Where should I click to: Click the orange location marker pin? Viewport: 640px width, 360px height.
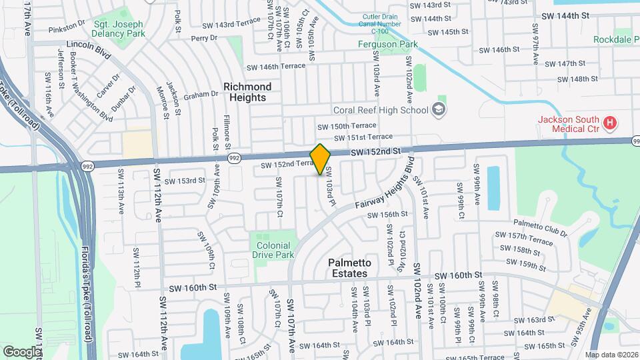tap(321, 159)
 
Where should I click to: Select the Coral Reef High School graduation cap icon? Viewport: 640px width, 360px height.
tap(439, 109)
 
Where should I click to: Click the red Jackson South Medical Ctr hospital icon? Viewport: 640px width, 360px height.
tap(609, 122)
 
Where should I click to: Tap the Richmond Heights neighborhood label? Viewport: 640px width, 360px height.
tap(247, 92)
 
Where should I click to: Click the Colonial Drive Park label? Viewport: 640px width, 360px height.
tap(275, 250)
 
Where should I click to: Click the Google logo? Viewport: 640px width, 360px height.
tap(21, 351)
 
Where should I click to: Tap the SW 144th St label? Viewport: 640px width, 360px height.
tap(565, 14)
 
